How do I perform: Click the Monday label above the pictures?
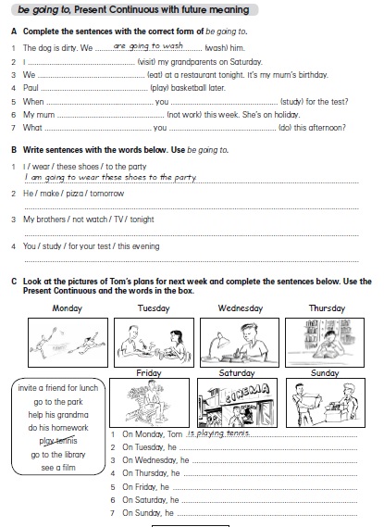[68, 308]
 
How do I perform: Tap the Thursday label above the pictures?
[327, 308]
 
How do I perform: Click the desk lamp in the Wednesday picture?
[219, 342]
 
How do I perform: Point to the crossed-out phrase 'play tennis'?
[58, 441]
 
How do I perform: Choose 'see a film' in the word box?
[58, 468]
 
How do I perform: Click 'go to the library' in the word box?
[58, 455]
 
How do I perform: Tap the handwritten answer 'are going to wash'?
[148, 45]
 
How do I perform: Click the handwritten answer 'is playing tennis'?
[218, 433]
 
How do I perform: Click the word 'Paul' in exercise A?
[31, 88]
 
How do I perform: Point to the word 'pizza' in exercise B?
[75, 194]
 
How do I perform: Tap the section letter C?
[14, 282]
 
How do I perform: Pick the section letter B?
[14, 150]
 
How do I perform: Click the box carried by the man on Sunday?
[310, 400]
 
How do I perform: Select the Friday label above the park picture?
[149, 372]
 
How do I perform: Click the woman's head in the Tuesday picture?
[177, 336]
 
